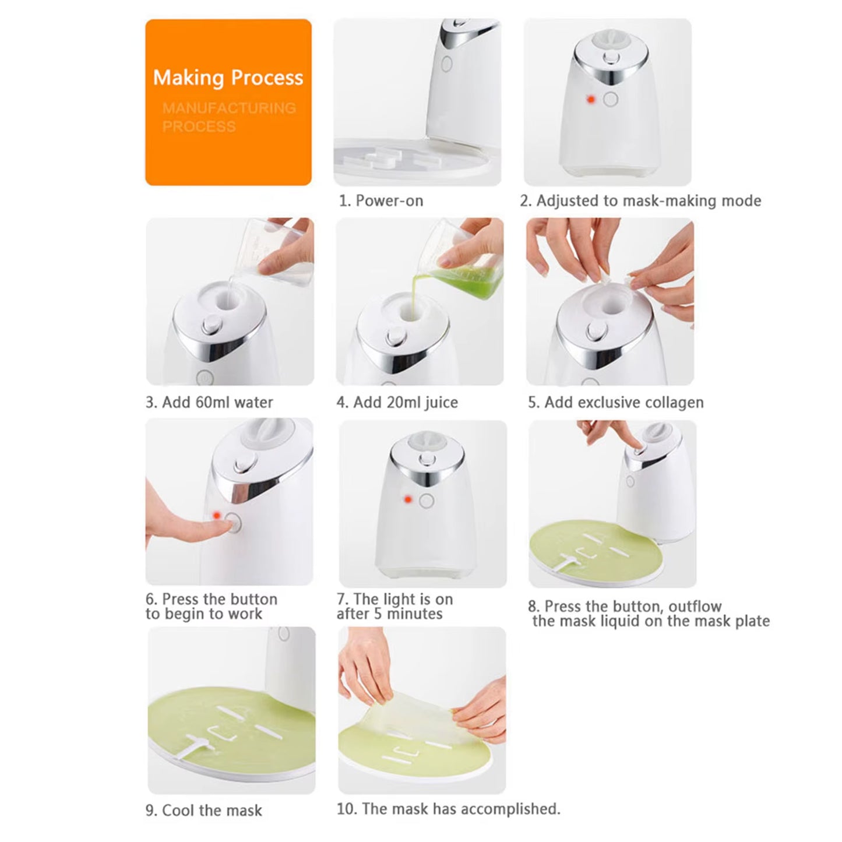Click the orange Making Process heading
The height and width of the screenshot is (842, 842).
coord(228,77)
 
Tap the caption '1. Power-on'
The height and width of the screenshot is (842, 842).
coord(381,200)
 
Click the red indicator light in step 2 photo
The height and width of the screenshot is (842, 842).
coord(590,100)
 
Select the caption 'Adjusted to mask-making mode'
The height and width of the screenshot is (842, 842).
coord(648,200)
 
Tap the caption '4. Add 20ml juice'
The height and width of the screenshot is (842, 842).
coord(397,402)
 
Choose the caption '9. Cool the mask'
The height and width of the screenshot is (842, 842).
coord(203,810)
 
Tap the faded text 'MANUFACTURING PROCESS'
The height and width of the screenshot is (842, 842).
coord(228,117)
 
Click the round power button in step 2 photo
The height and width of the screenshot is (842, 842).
coord(610,100)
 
